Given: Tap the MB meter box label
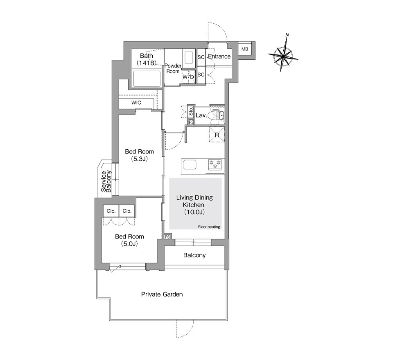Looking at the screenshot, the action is (245, 49).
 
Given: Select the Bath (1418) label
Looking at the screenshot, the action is (147, 59).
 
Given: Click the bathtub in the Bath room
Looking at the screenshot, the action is (147, 79).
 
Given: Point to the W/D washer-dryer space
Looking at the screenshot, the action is (188, 77).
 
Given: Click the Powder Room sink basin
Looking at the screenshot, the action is (188, 58).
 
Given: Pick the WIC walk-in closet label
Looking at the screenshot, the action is (136, 103).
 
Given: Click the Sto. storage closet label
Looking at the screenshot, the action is (191, 111).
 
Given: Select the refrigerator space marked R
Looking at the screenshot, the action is (217, 135).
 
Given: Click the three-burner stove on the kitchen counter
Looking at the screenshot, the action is (215, 164).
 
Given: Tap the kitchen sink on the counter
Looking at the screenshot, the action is (190, 165).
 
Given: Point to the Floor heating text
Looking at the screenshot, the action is (209, 227).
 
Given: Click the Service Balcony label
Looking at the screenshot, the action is (106, 181).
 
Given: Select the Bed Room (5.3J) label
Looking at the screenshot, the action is (139, 155).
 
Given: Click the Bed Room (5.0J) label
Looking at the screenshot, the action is (129, 240).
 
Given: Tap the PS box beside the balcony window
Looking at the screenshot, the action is (167, 236).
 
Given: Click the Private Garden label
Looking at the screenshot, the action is (162, 294).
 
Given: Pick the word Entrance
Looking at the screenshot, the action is (219, 56).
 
